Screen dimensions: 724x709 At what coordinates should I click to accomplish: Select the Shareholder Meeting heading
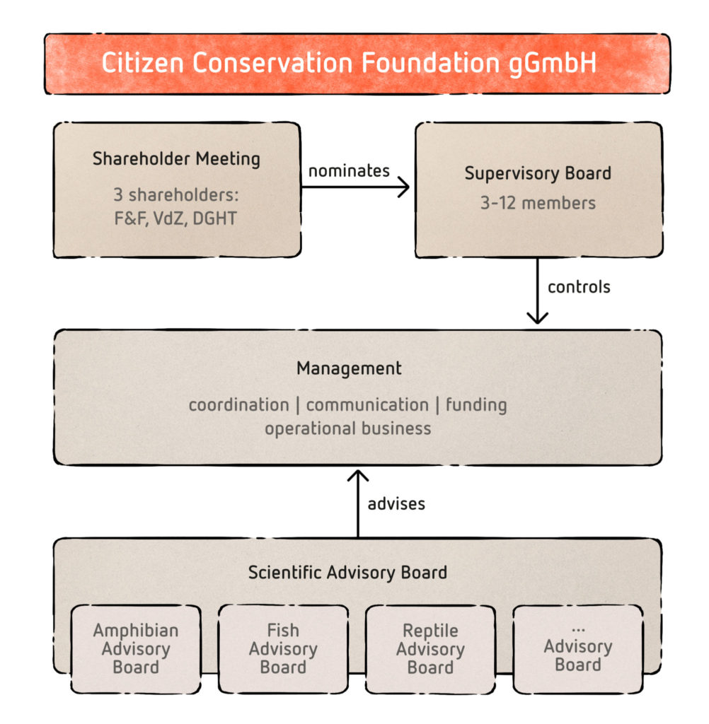point(176,158)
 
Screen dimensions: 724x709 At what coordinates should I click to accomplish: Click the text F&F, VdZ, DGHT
point(176,218)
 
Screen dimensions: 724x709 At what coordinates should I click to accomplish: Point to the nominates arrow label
point(349,170)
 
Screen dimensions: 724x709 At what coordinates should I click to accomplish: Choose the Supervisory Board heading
point(538,174)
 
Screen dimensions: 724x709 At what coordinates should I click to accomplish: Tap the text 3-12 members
point(538,204)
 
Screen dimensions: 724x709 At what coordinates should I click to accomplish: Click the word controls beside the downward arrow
point(579,287)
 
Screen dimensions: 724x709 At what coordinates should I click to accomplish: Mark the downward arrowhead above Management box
point(538,317)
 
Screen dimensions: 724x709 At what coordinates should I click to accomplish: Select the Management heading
point(349,368)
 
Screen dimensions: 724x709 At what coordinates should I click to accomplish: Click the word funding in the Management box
point(476,405)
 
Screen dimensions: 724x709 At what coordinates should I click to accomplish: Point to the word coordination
point(238,405)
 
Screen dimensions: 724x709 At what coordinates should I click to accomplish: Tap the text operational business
point(347,428)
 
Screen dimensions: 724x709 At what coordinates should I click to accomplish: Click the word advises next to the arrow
point(396,504)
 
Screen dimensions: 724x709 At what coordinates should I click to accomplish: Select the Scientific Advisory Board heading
point(347,572)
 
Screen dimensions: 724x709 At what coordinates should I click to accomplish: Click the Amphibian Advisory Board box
point(136,648)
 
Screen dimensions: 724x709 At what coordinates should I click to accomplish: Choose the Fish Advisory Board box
point(283,648)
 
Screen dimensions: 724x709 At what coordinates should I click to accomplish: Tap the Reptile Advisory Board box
point(430,648)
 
